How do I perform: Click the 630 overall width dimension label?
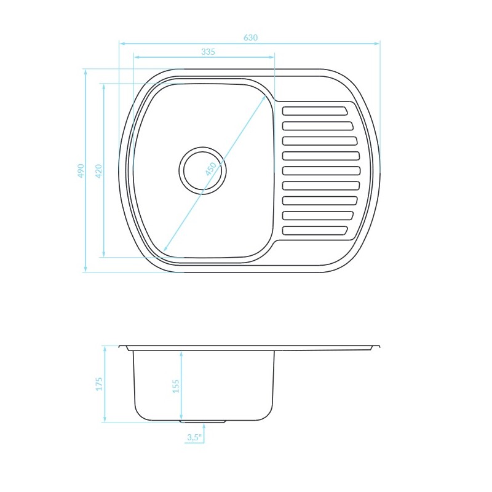point(250,38)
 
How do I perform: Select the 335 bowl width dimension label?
point(208,52)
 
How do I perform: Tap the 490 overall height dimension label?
point(81,171)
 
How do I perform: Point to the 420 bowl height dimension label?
point(98,171)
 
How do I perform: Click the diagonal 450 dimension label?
point(211,169)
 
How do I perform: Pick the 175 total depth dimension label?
point(99,384)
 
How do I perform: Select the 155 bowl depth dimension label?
point(176,386)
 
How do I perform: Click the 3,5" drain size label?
point(194,437)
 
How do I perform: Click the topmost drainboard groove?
point(315,111)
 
